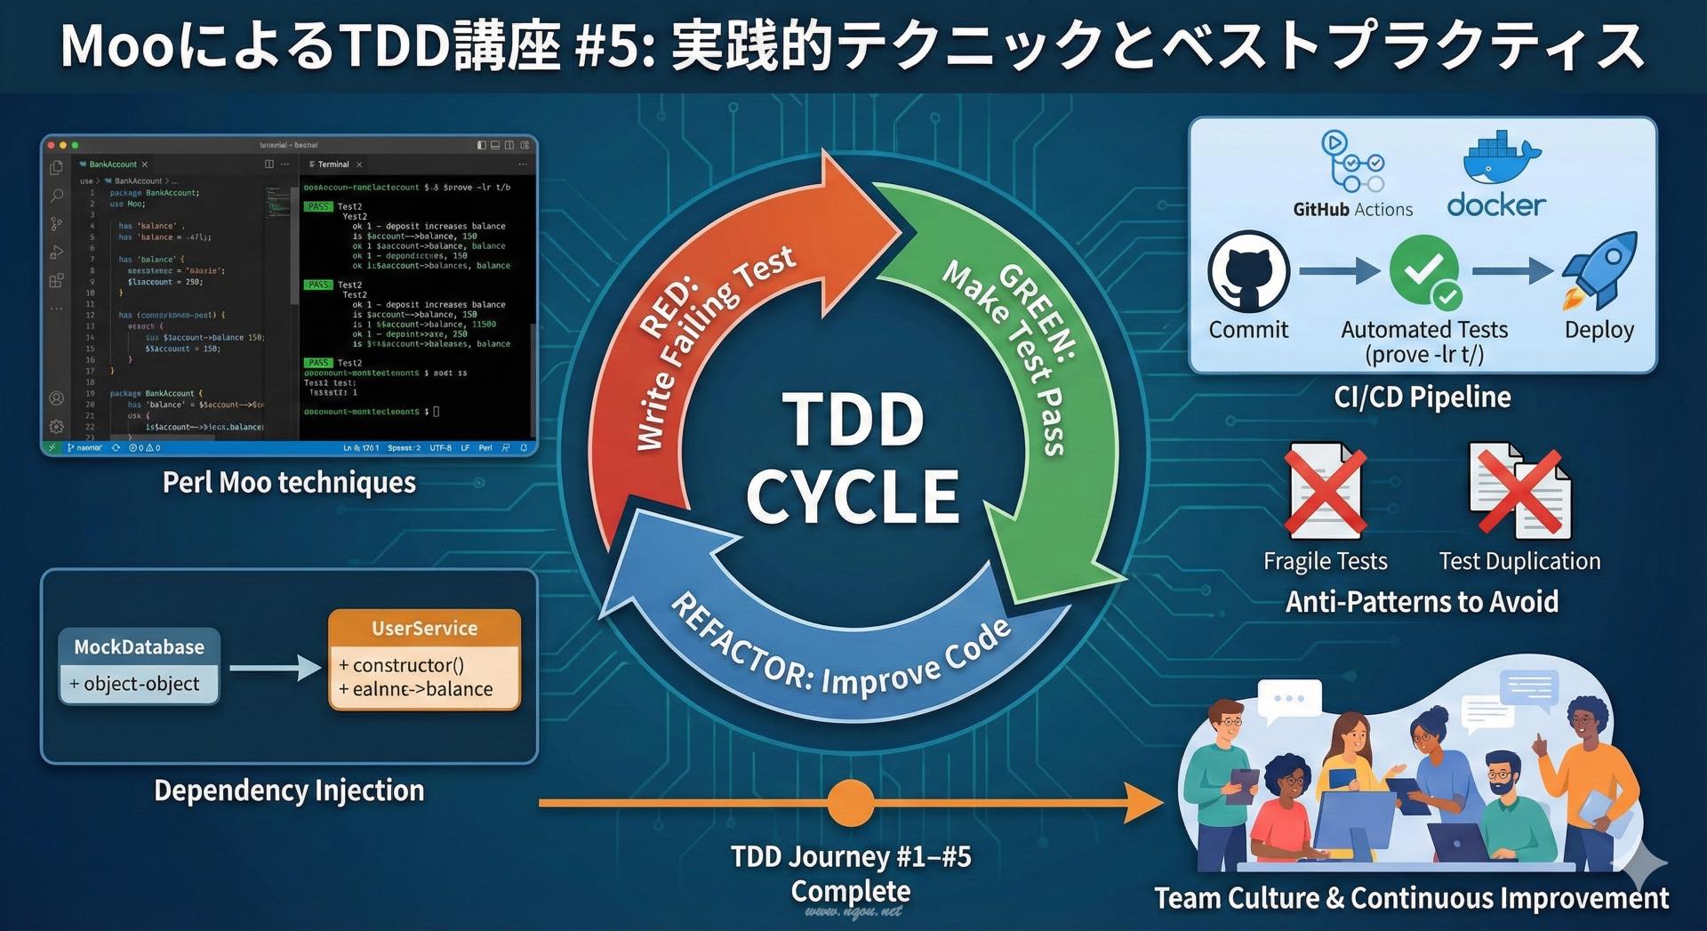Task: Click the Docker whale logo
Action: click(x=1501, y=161)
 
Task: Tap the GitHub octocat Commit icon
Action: click(x=1248, y=270)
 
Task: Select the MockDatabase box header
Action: click(x=140, y=646)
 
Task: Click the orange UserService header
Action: click(x=424, y=628)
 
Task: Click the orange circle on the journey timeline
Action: click(x=851, y=803)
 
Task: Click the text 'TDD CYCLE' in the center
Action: click(x=853, y=457)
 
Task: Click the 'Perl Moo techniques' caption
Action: click(x=289, y=482)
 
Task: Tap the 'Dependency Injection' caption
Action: click(x=289, y=791)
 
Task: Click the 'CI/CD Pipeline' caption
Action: click(x=1422, y=397)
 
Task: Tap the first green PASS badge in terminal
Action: click(x=318, y=206)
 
